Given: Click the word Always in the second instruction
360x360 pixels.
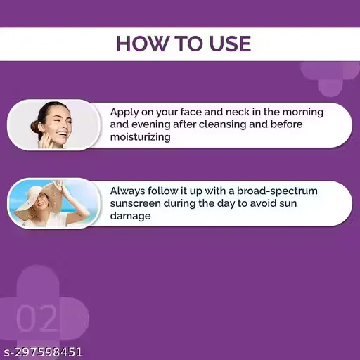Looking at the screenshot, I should (x=129, y=191).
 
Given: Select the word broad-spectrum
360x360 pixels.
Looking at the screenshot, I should (x=278, y=191).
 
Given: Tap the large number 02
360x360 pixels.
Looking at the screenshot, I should (x=37, y=318).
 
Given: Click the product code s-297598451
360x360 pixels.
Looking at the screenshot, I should (x=43, y=352).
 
